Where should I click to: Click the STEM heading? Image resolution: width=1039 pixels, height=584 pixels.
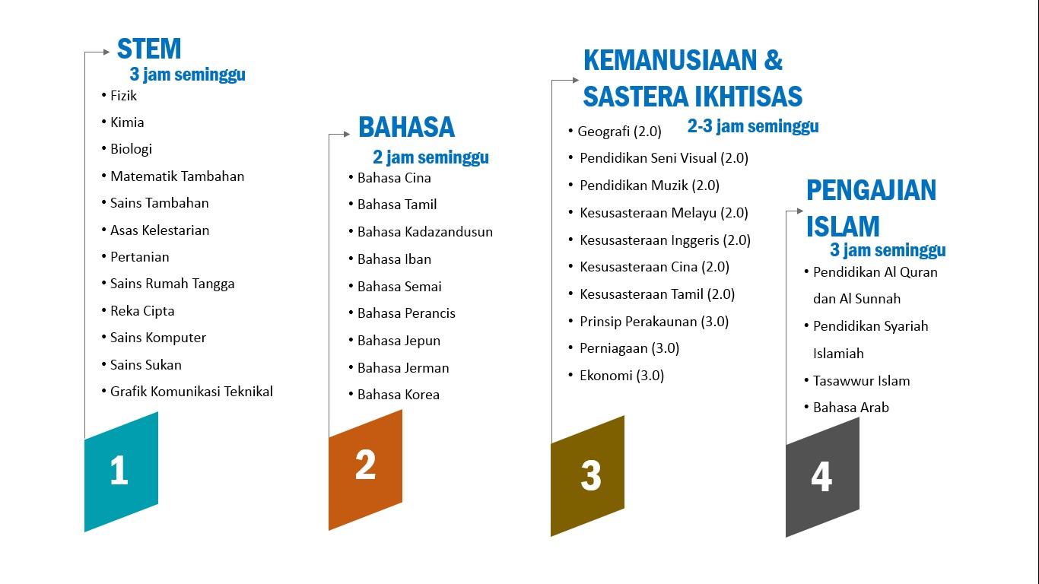tap(149, 49)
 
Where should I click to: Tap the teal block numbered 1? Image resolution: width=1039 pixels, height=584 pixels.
tap(121, 471)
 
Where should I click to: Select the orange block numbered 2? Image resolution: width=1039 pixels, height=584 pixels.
tap(365, 469)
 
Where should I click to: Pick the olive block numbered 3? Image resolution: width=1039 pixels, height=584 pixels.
tap(587, 476)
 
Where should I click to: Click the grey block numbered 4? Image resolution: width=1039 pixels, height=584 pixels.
tap(822, 478)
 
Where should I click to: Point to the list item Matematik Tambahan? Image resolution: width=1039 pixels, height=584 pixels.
tap(177, 176)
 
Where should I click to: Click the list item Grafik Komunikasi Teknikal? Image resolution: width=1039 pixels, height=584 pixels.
tap(191, 392)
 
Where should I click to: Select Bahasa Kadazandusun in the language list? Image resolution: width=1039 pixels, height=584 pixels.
tap(425, 231)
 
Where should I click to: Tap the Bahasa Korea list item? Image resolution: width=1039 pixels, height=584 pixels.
tap(398, 395)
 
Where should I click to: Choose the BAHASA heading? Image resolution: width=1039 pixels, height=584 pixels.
tap(406, 127)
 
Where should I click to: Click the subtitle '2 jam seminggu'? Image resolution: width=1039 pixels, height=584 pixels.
tap(431, 157)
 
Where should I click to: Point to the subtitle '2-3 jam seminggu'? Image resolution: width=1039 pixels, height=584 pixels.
tap(753, 126)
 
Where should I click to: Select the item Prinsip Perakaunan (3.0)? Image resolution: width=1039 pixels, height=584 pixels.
tap(654, 322)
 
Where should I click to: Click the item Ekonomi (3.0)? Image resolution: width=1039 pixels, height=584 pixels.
tap(621, 375)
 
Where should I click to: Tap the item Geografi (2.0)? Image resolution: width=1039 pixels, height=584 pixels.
tap(619, 132)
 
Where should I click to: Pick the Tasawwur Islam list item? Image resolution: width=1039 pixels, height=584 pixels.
tap(861, 381)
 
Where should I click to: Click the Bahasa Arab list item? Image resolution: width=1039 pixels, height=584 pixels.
tap(850, 408)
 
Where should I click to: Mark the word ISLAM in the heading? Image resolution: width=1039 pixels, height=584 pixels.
tap(843, 227)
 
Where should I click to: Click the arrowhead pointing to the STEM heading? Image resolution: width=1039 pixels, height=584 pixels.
tap(106, 52)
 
